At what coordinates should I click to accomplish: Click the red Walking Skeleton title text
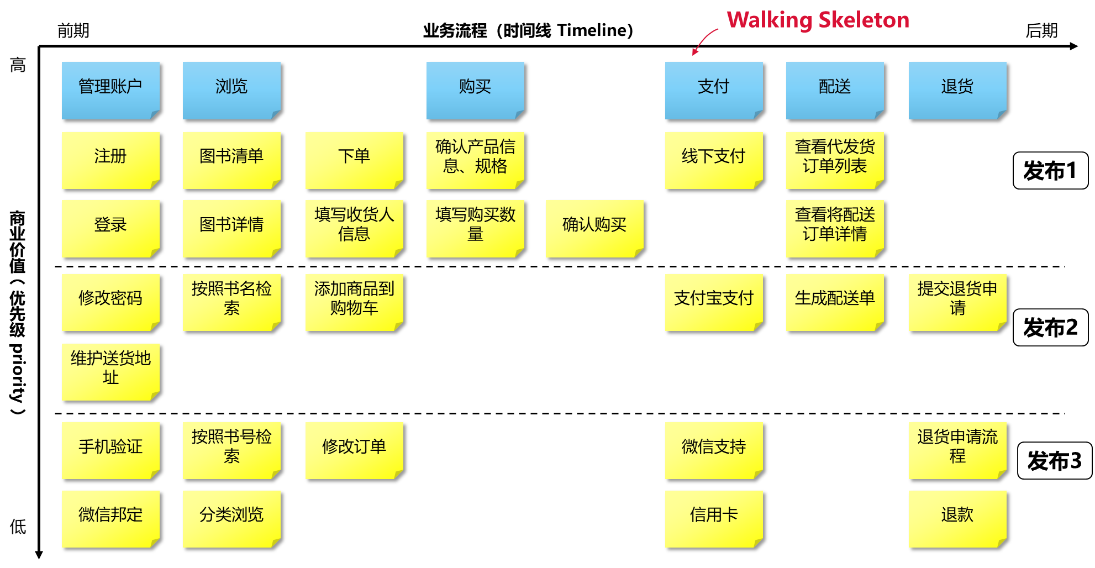coord(818,20)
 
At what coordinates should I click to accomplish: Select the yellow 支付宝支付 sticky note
coord(714,302)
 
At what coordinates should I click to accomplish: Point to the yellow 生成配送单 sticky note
coord(835,302)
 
